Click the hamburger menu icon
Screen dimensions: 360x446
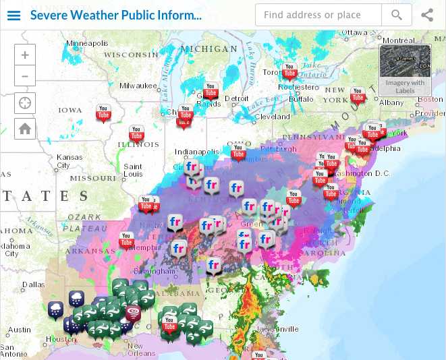coord(13,15)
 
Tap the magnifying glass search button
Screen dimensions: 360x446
coord(397,15)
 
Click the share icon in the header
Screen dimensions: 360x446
coord(427,15)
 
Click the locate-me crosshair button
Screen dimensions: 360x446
coord(25,103)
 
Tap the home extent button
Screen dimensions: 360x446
coord(25,128)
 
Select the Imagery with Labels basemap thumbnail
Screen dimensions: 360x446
coord(405,70)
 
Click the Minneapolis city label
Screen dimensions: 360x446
coord(87,43)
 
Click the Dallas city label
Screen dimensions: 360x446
coord(33,284)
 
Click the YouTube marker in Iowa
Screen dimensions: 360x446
coord(103,113)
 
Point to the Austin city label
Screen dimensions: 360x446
coord(20,330)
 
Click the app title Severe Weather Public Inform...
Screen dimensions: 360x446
coord(115,15)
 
